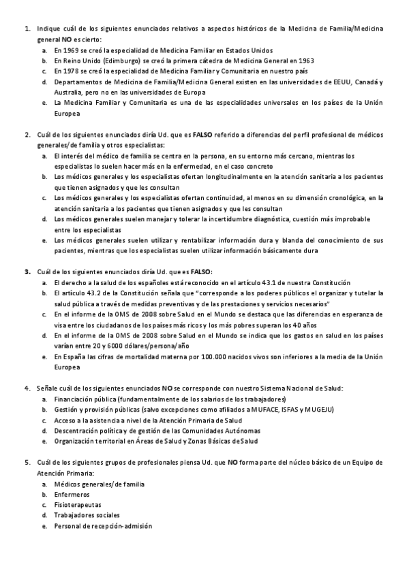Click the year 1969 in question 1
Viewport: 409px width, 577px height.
(x=70, y=50)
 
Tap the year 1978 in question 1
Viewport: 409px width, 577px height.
(x=70, y=71)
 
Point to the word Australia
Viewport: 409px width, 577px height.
(x=67, y=92)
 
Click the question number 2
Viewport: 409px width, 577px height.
(x=27, y=134)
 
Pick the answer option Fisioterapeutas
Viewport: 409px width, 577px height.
(x=77, y=505)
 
